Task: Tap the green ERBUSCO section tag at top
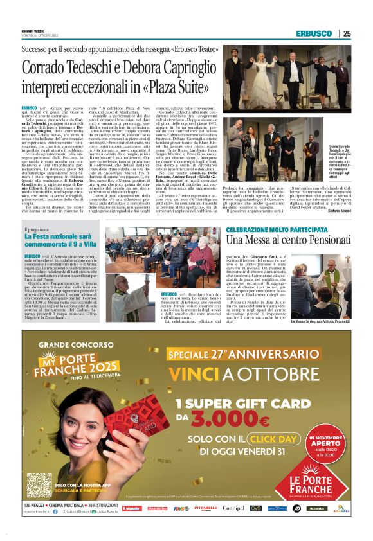[x=313, y=33]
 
